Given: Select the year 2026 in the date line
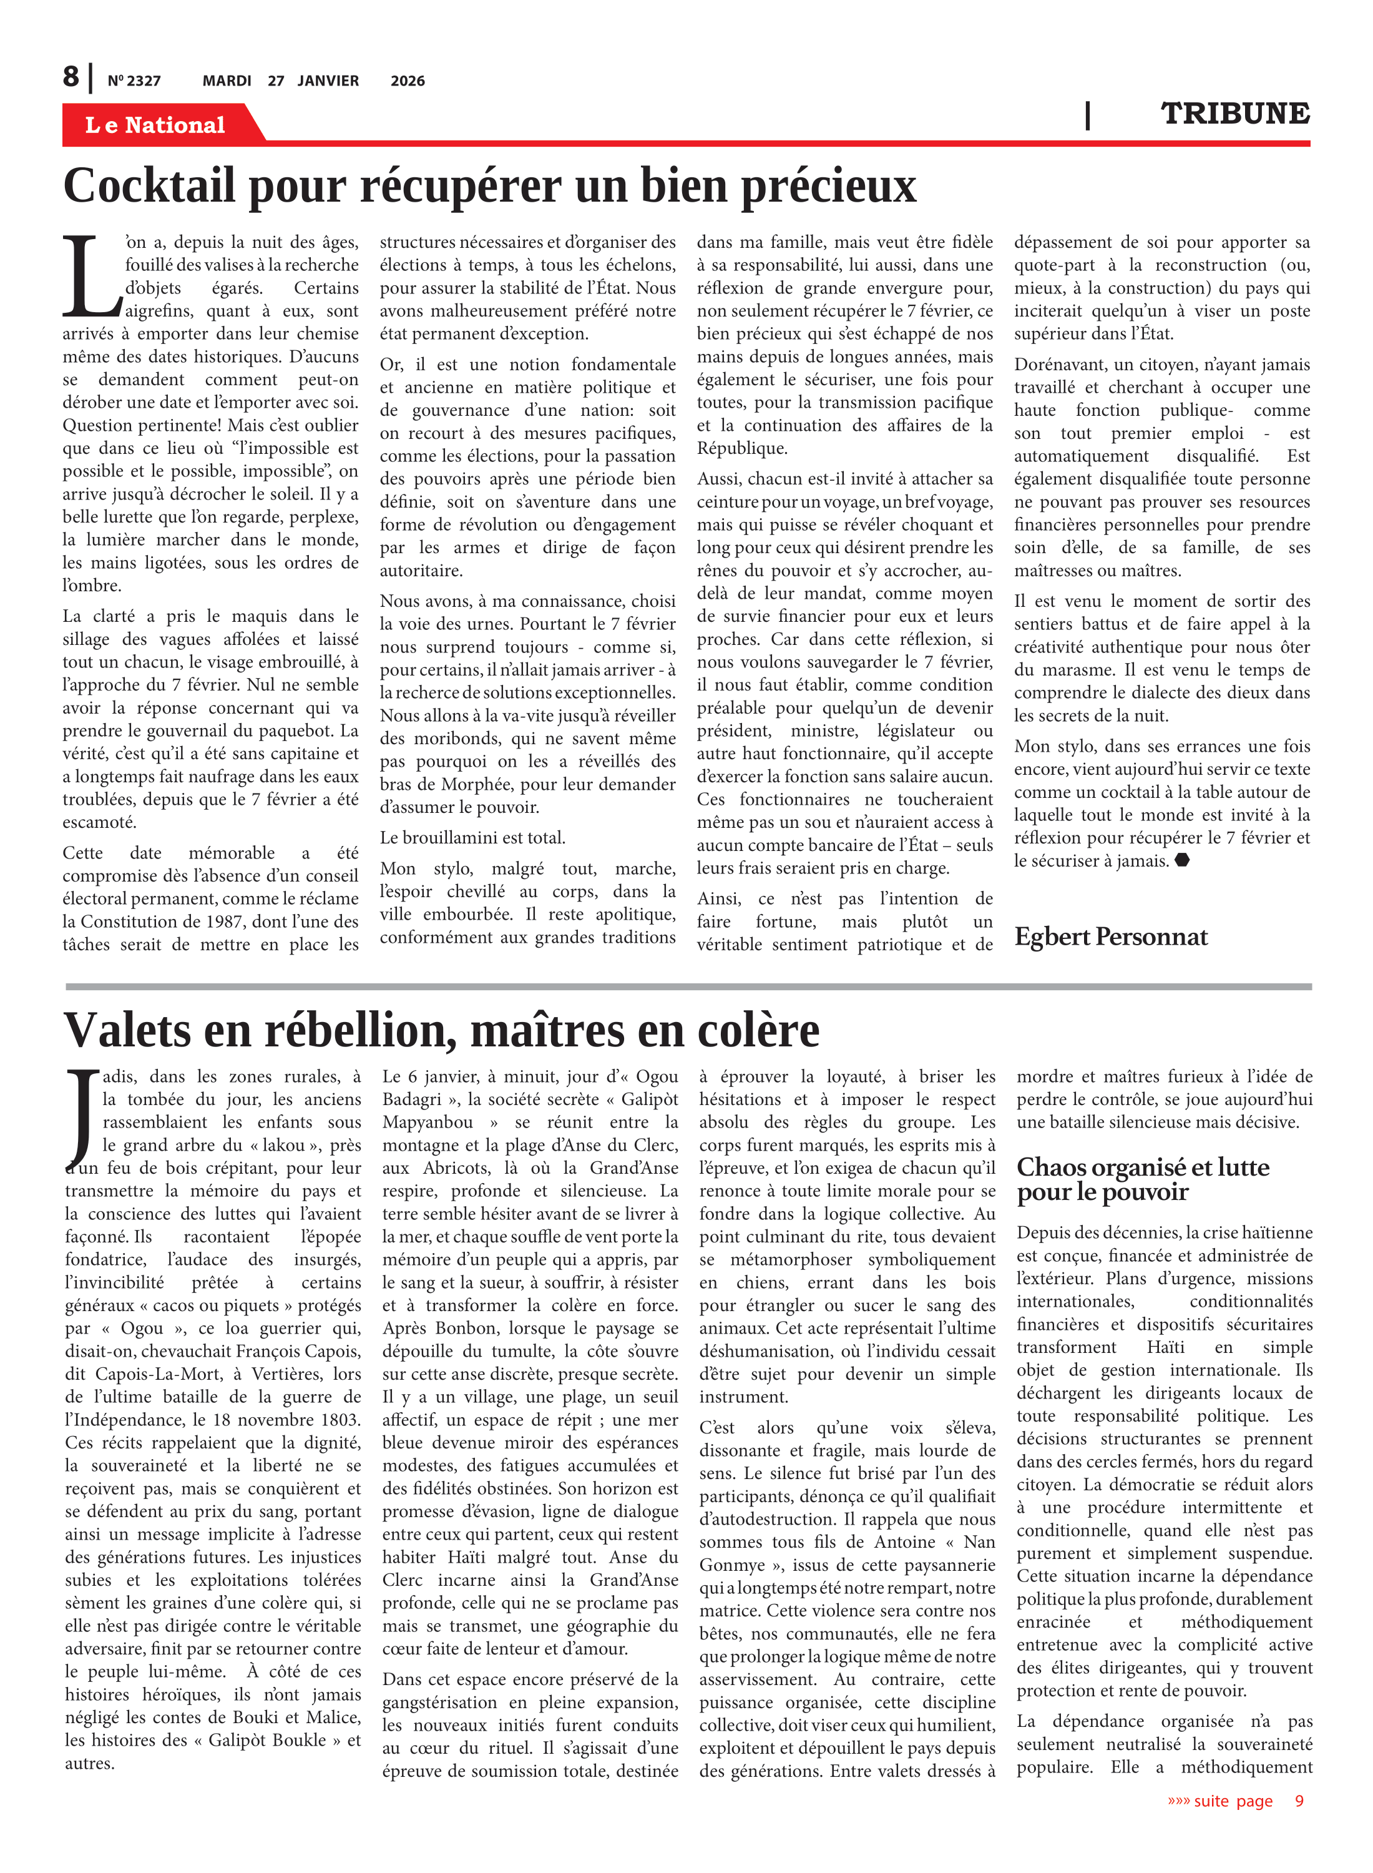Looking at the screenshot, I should coord(408,81).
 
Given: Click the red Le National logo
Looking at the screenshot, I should coord(155,125).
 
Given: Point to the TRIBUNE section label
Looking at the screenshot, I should coord(1234,114).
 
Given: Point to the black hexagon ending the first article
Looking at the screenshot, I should coord(1182,860).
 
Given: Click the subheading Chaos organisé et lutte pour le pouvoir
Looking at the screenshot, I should coord(1142,1179).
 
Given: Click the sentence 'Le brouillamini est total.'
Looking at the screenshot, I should coord(472,838).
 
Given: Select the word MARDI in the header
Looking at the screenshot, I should coord(227,81).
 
